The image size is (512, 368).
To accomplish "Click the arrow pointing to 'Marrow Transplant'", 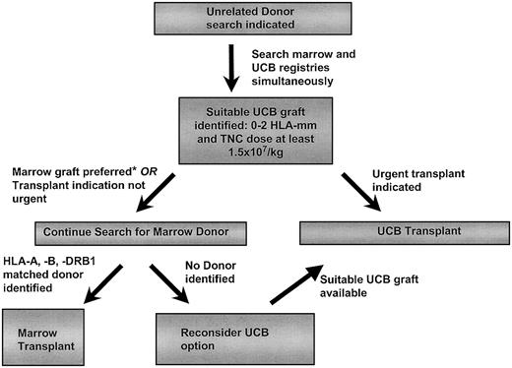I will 87,280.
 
